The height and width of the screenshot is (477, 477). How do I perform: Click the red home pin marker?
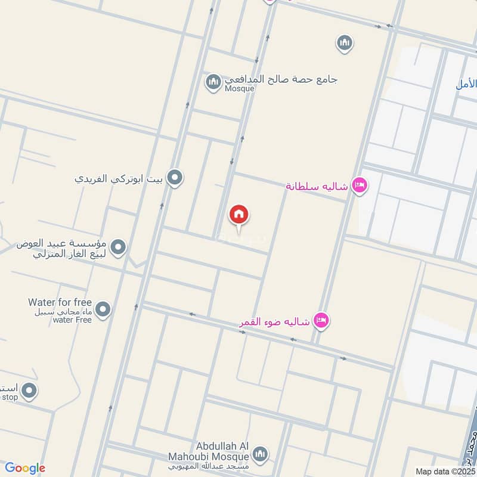click(x=239, y=215)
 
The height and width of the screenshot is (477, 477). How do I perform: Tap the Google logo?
click(x=24, y=468)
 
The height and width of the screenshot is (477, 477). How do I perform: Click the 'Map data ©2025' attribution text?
click(x=445, y=471)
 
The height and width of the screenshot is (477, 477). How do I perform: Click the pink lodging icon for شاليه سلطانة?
click(x=359, y=185)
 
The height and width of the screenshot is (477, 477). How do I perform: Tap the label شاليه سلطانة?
click(x=316, y=186)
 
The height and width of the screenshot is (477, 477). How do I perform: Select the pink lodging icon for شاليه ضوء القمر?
click(x=321, y=321)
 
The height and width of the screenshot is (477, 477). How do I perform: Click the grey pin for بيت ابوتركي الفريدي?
click(x=175, y=177)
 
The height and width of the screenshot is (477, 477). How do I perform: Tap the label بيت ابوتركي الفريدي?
click(x=120, y=178)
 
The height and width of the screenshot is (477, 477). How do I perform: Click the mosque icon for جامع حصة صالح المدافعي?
click(x=213, y=82)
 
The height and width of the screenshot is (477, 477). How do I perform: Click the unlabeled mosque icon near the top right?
click(x=344, y=43)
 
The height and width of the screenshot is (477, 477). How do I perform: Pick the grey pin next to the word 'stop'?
click(x=29, y=392)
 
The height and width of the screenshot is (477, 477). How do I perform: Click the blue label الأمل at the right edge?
click(x=466, y=84)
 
